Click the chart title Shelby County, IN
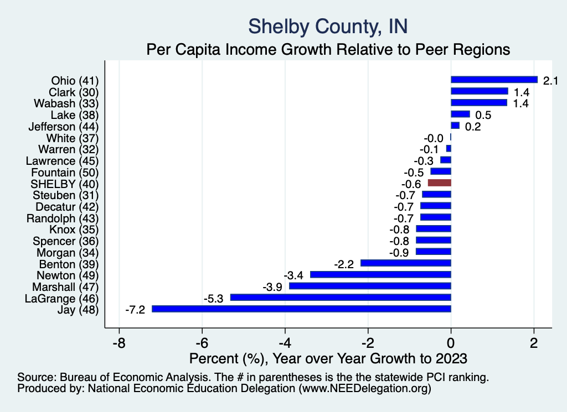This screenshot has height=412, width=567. pos(328,25)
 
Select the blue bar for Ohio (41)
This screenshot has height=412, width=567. pos(494,80)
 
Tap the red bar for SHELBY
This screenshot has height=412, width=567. pos(439,182)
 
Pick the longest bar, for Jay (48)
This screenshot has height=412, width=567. pos(301,309)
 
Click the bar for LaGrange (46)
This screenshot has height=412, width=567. pos(341,297)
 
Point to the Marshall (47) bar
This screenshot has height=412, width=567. pos(370,286)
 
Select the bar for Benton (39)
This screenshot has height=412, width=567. pos(405,263)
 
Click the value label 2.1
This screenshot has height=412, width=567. pos(550,81)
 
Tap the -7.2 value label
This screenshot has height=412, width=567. pos(135,310)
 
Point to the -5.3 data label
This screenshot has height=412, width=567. pos(213,298)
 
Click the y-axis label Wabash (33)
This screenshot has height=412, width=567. pos(66,103)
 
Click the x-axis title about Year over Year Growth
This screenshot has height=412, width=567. pos(328,358)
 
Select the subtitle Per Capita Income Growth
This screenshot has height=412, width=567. pos(328,49)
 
